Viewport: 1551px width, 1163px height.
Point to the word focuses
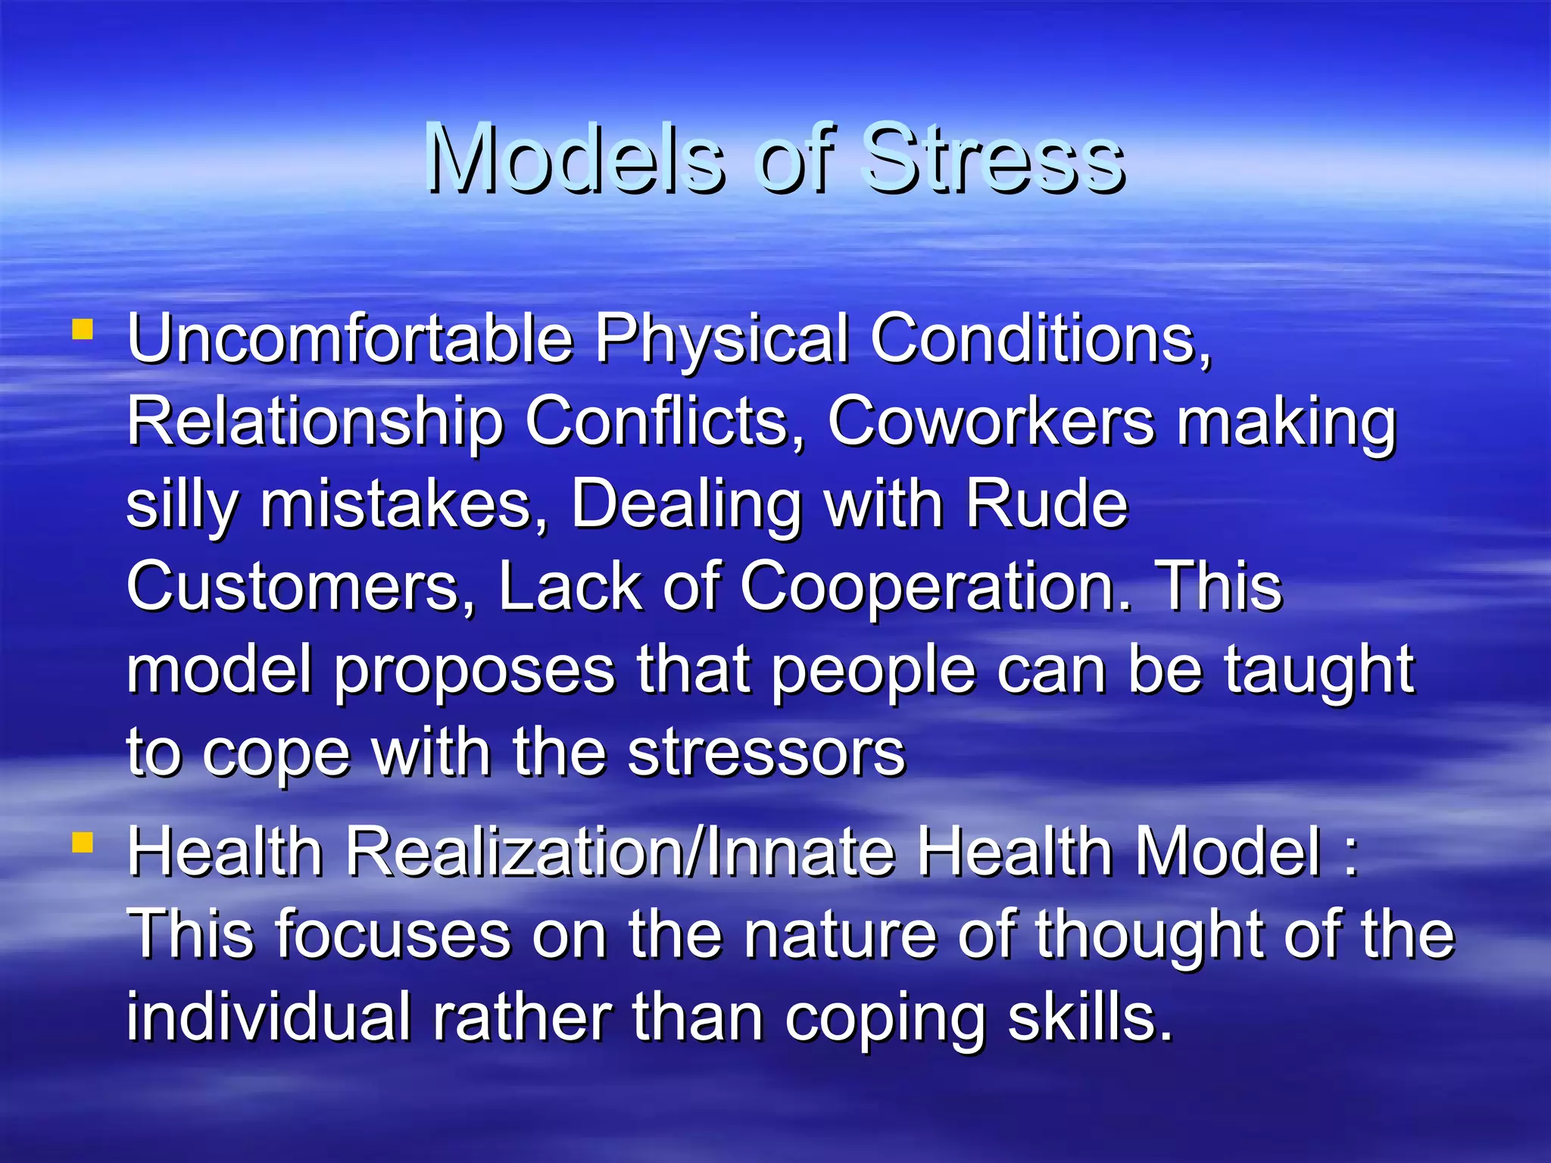393,934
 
